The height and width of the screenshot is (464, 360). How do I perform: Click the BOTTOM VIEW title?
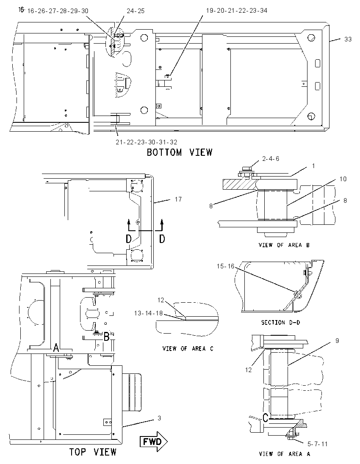[x=180, y=152]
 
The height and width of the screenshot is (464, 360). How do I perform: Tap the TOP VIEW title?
[x=93, y=452]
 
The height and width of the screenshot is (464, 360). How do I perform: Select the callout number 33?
[x=348, y=39]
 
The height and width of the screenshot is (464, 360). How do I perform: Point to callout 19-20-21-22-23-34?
[x=237, y=11]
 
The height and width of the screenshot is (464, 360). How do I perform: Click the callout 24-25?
[x=136, y=11]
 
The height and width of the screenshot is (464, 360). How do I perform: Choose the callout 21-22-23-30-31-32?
[x=147, y=142]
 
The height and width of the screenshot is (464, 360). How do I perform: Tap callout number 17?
[x=178, y=199]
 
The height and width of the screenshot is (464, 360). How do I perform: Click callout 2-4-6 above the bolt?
[x=271, y=159]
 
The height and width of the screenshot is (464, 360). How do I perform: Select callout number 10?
[x=343, y=179]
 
